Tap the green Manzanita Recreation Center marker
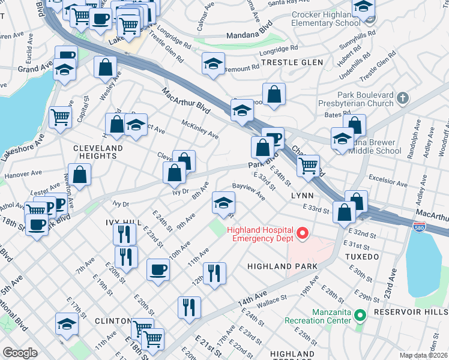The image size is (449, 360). (x=360, y=314)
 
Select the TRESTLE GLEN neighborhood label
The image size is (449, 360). (x=292, y=62)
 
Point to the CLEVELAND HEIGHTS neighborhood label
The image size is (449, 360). (x=98, y=152)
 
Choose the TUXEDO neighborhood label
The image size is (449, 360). (x=360, y=257)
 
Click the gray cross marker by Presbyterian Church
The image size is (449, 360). (x=402, y=97)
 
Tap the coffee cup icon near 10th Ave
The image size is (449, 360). (x=158, y=269)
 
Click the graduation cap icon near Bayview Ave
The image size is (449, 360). (x=223, y=204)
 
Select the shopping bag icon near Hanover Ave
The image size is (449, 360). (x=79, y=175)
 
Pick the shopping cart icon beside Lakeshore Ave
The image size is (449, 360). (x=61, y=117)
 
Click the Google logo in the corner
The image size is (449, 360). (x=20, y=353)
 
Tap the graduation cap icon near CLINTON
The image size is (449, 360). (x=67, y=323)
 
